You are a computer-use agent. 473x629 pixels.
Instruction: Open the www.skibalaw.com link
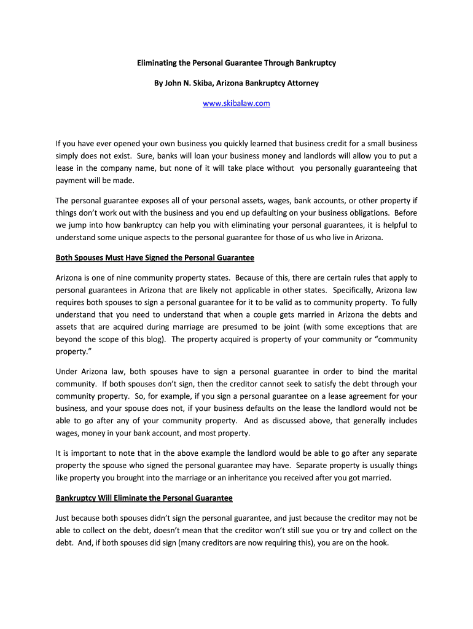pyautogui.click(x=237, y=103)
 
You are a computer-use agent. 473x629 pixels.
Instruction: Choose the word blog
pyautogui.click(x=152, y=339)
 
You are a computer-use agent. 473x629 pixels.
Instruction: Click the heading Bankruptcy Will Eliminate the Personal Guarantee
pyautogui.click(x=144, y=498)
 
